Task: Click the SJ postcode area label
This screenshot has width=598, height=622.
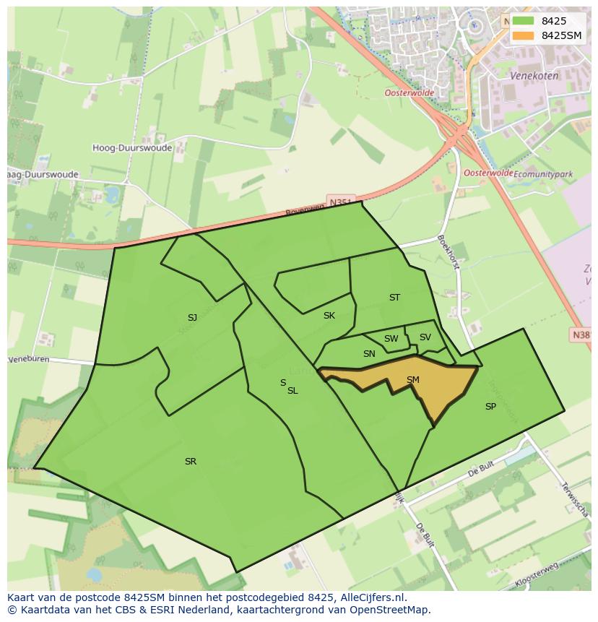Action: (192, 318)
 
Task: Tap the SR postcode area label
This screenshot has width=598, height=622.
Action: (191, 462)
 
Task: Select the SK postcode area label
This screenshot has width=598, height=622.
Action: (329, 316)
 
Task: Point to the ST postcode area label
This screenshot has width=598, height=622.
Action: (394, 298)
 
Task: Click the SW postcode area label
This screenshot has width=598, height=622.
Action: (391, 339)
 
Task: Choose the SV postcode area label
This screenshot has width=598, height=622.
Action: (425, 337)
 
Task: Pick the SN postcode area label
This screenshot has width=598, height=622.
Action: (369, 354)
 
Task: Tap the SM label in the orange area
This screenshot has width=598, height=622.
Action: (413, 380)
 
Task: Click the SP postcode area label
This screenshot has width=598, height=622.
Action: (490, 407)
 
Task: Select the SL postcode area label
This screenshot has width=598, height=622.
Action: (292, 391)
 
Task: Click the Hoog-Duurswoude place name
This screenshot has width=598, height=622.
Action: (132, 148)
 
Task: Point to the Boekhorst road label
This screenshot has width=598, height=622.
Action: (448, 252)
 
